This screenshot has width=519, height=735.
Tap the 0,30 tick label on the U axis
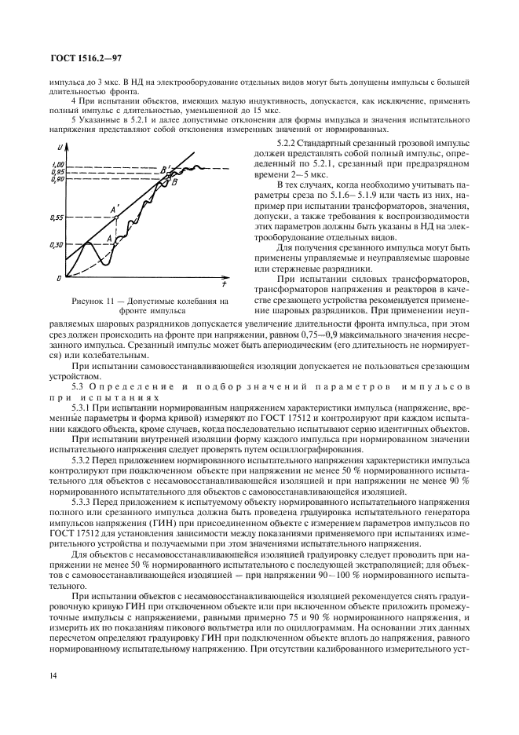[x=54, y=245]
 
